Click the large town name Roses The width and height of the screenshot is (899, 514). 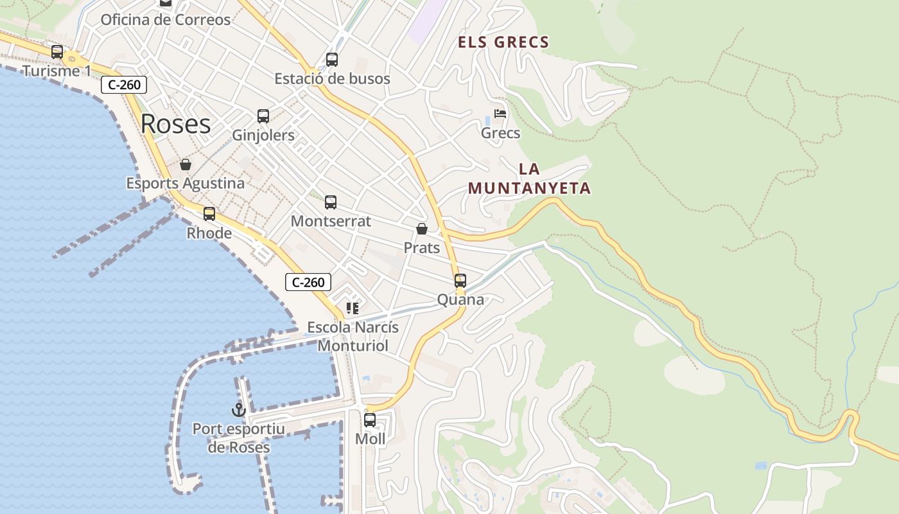(175, 123)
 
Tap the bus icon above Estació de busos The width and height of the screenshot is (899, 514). (332, 60)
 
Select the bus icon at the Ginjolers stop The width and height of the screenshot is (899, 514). (263, 116)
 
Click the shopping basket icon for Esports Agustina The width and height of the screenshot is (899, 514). (186, 164)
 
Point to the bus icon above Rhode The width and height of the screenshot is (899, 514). (209, 214)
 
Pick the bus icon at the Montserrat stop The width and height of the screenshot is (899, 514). (331, 202)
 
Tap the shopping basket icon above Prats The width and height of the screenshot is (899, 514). (422, 229)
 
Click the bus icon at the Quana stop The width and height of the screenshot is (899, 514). (460, 281)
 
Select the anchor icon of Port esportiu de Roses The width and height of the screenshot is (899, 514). (239, 409)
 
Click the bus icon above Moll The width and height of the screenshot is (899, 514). (370, 420)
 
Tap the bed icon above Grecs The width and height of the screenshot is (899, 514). (500, 114)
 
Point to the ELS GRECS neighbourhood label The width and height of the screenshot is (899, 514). (503, 42)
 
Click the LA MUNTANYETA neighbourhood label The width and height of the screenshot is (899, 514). (529, 179)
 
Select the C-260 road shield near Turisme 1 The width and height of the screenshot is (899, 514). (124, 85)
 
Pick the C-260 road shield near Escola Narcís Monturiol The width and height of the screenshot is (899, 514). (308, 282)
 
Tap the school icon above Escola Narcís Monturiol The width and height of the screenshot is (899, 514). (352, 308)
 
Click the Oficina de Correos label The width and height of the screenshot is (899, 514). (165, 20)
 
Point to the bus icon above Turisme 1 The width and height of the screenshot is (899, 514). (57, 52)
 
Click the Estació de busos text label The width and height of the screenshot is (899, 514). (332, 78)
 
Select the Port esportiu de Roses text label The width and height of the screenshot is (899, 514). (239, 438)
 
